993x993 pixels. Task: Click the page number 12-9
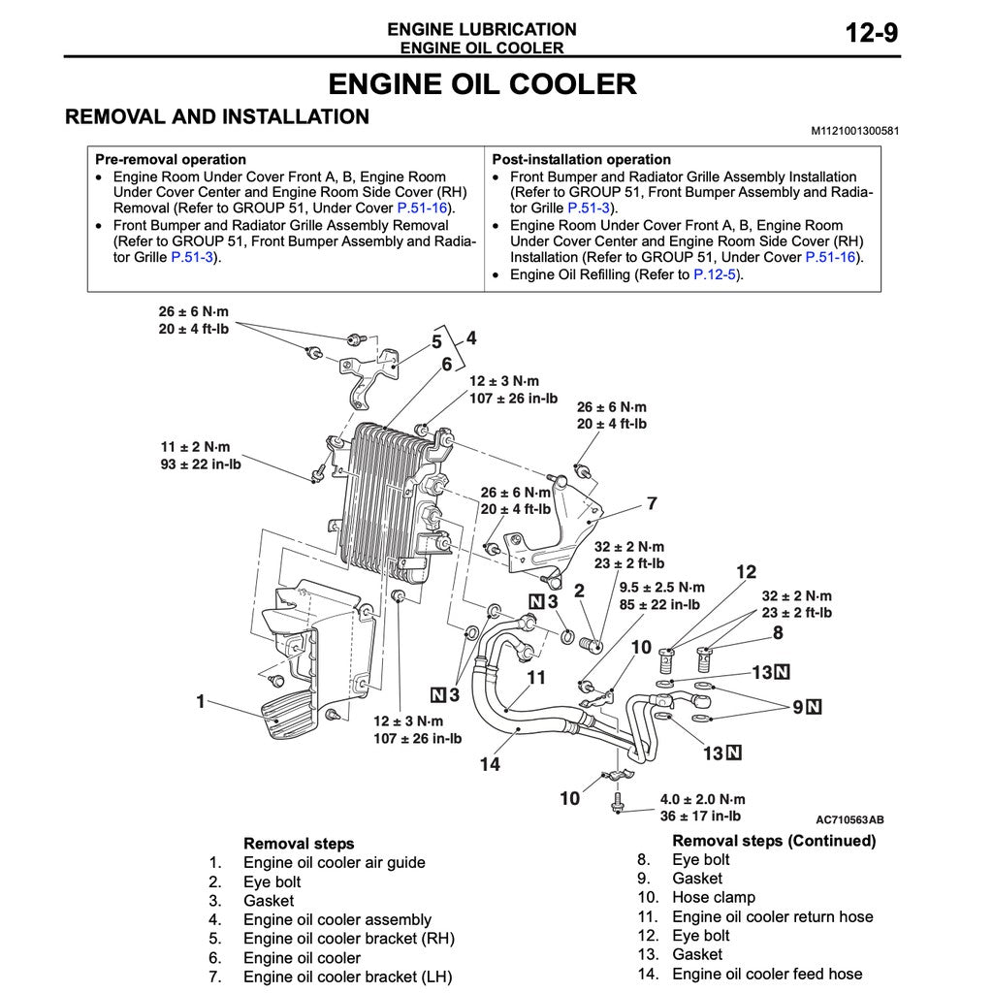coord(871,33)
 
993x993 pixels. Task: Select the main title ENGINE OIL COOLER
coord(482,84)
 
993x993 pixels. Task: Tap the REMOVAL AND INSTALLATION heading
coord(216,117)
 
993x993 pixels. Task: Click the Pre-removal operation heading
coord(171,159)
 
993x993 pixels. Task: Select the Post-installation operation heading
coord(581,159)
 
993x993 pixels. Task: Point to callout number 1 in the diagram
coord(201,701)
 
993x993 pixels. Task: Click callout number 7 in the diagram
coord(652,503)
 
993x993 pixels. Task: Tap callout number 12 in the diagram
coord(745,572)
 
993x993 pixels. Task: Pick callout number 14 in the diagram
coord(490,764)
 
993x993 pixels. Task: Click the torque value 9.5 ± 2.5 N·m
coord(662,588)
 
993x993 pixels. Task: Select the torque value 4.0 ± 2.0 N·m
coord(703,799)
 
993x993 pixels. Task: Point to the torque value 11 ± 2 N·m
coord(196,447)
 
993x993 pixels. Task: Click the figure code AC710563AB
coord(849,819)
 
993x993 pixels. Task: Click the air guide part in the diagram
coord(291,659)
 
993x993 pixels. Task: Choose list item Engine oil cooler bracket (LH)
coord(347,977)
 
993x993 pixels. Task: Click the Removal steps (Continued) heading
coord(773,841)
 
